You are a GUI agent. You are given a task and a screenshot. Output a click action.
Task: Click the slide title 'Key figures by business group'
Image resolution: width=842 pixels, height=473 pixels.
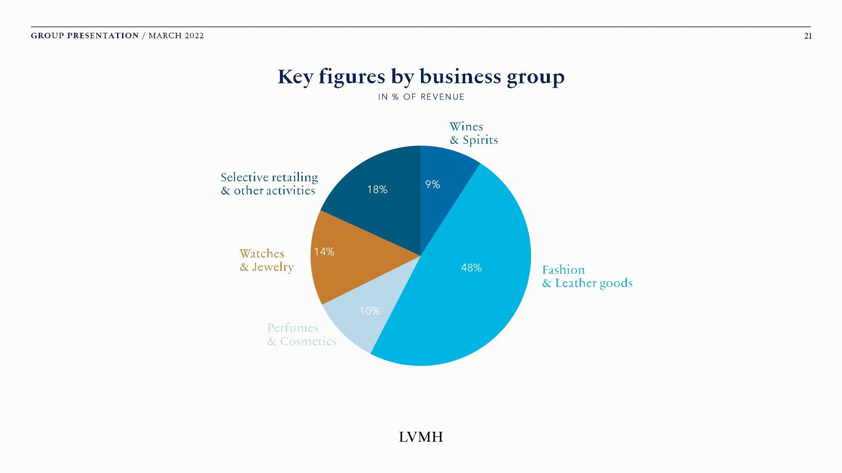pyautogui.click(x=421, y=77)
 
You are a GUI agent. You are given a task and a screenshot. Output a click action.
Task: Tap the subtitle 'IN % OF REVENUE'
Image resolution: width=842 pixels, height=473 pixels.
pyautogui.click(x=421, y=97)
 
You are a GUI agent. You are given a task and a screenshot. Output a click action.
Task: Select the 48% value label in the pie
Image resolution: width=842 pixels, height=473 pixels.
pyautogui.click(x=471, y=268)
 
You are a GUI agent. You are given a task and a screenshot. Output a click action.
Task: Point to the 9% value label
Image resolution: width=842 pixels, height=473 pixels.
pyautogui.click(x=432, y=184)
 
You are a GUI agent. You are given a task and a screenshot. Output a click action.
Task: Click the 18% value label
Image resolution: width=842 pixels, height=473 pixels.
pyautogui.click(x=377, y=190)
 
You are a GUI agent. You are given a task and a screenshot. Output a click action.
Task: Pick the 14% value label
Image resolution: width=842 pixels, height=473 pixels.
pyautogui.click(x=324, y=252)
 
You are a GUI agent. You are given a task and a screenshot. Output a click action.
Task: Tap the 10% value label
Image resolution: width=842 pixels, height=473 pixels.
pyautogui.click(x=369, y=311)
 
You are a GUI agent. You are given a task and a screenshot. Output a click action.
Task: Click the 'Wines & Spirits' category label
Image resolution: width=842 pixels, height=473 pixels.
pyautogui.click(x=473, y=133)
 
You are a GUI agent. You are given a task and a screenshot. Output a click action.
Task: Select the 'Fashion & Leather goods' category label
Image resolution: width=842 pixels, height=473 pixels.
pyautogui.click(x=587, y=276)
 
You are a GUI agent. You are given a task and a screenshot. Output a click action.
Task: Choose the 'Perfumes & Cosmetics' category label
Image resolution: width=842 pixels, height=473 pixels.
pyautogui.click(x=302, y=335)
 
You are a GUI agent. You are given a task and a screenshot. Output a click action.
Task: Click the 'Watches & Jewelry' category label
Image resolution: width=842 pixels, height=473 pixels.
pyautogui.click(x=266, y=260)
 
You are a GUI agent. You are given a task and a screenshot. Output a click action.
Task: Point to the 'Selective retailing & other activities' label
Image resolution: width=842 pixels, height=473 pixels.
pyautogui.click(x=269, y=184)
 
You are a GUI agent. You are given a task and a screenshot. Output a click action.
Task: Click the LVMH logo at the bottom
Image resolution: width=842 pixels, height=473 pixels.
pyautogui.click(x=421, y=437)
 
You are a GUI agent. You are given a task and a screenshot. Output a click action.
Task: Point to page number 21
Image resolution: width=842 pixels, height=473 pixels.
pyautogui.click(x=808, y=36)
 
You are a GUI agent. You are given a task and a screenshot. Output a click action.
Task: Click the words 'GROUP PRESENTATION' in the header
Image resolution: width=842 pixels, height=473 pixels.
pyautogui.click(x=85, y=36)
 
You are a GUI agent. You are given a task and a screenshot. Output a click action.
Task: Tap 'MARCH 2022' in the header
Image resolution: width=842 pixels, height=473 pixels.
pyautogui.click(x=176, y=36)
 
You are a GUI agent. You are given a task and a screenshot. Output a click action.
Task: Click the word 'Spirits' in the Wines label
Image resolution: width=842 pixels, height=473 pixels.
pyautogui.click(x=480, y=140)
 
